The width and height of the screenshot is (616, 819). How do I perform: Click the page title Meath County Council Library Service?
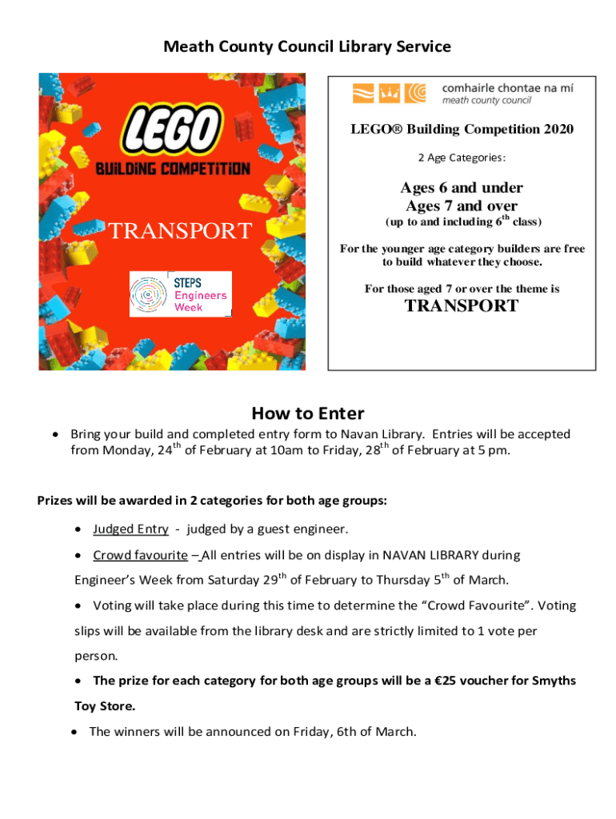[307, 47]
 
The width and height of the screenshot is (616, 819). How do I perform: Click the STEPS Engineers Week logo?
[181, 294]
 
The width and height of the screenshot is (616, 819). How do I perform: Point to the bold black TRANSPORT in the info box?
[462, 306]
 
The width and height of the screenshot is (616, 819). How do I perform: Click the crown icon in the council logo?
[389, 94]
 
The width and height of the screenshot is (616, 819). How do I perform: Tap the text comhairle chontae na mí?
[507, 88]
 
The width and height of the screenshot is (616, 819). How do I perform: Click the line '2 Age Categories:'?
[462, 158]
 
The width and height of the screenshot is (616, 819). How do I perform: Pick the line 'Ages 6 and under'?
[462, 188]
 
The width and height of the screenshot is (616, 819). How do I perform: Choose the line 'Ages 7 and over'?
[462, 206]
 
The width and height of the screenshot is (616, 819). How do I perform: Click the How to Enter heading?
[307, 413]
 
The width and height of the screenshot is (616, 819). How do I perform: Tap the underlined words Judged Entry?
[130, 529]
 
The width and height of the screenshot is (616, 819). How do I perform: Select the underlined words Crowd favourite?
[140, 555]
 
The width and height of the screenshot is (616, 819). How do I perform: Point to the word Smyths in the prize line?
[551, 681]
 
